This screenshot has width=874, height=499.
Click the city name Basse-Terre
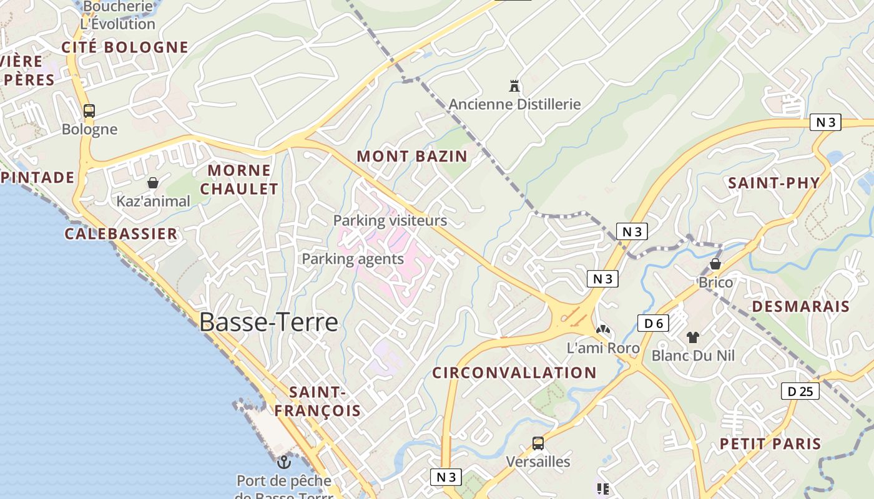pos(268,322)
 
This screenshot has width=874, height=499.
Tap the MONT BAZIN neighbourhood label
pos(412,156)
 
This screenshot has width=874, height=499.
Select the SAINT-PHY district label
pos(773,183)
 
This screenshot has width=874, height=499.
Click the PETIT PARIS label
pos(770,443)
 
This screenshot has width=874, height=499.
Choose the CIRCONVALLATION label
pos(514,373)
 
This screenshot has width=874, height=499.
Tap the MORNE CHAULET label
pos(239,179)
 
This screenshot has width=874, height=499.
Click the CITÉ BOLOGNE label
pos(125,47)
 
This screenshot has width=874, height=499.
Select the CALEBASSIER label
pos(121,234)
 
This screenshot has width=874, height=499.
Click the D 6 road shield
pos(653,323)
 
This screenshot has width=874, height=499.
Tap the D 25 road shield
pos(800,391)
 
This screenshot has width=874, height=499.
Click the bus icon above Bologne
pos(89,111)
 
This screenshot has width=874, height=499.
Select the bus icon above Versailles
pos(538,443)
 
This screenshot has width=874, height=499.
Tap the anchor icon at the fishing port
pos(284,462)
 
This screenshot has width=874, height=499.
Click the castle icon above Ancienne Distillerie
pos(514,86)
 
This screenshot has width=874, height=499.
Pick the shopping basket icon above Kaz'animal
pos(153,183)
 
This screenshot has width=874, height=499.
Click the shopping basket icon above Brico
pos(715,264)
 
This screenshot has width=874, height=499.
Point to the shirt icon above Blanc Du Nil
pos(692,337)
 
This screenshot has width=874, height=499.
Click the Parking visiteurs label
pos(390,221)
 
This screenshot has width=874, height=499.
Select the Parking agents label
pos(353,259)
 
